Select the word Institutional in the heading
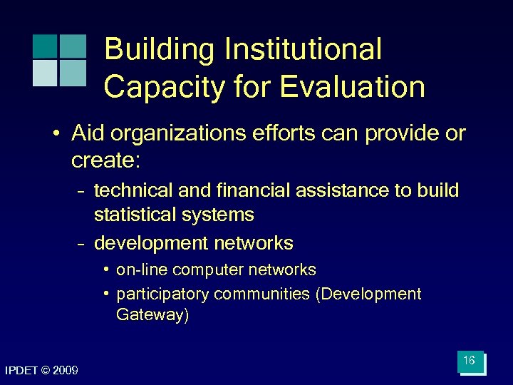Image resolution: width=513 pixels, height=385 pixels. (304, 51)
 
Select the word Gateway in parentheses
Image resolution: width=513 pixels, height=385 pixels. (152, 315)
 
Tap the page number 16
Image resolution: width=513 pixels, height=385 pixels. (469, 361)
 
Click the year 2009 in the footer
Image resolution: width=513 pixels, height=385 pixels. (65, 371)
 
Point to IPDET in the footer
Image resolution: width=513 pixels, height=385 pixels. (20, 371)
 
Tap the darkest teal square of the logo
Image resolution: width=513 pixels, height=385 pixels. (45, 46)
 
